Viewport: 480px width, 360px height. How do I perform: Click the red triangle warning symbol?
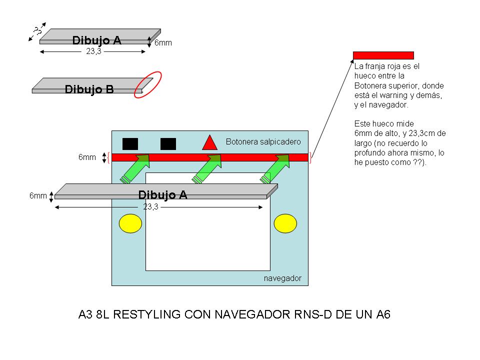[209, 143]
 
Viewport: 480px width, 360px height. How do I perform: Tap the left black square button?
[130, 143]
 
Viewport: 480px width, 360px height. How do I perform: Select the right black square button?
[168, 143]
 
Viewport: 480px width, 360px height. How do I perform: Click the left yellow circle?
[130, 223]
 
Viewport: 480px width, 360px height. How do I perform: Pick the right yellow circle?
[285, 223]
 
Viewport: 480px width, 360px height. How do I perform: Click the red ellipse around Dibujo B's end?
[148, 84]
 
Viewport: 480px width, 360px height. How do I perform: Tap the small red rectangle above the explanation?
[383, 55]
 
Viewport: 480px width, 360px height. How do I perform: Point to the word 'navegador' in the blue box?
[282, 278]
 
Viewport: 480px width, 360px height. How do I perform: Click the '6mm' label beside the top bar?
[163, 43]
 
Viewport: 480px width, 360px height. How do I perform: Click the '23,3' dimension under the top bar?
[93, 51]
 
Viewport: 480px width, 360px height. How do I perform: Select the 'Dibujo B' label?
[89, 89]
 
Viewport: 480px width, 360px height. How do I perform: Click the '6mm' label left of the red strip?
[87, 157]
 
